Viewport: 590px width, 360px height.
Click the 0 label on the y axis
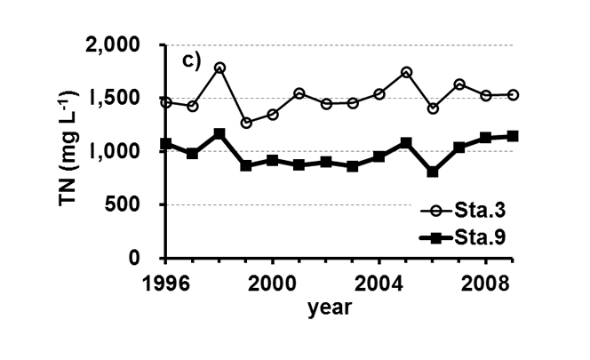pos(154,258)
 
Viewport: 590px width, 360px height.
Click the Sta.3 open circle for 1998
pos(219,68)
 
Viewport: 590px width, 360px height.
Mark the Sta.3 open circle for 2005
pos(406,72)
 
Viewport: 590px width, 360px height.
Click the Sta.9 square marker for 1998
pos(219,133)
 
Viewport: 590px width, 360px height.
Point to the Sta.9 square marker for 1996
pos(166,144)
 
